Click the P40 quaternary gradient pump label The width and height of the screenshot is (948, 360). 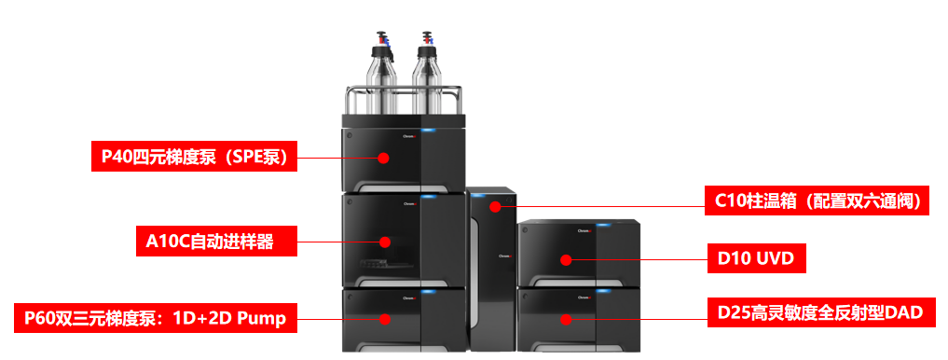(x=194, y=157)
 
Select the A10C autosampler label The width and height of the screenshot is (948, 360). (x=216, y=241)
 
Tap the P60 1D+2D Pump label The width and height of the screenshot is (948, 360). (x=156, y=318)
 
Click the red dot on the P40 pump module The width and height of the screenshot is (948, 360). (x=383, y=158)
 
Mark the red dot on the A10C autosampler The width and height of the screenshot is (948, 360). (x=384, y=242)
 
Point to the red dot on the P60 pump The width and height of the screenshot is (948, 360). (x=384, y=318)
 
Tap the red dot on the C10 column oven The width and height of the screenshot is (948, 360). (x=495, y=206)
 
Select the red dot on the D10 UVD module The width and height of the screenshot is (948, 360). (x=565, y=260)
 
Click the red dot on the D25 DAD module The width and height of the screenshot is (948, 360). (x=565, y=319)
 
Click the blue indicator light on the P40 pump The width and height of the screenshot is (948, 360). (x=429, y=130)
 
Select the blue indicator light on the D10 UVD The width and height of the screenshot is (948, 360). (x=603, y=225)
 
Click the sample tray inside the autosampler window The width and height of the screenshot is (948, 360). (x=376, y=263)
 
